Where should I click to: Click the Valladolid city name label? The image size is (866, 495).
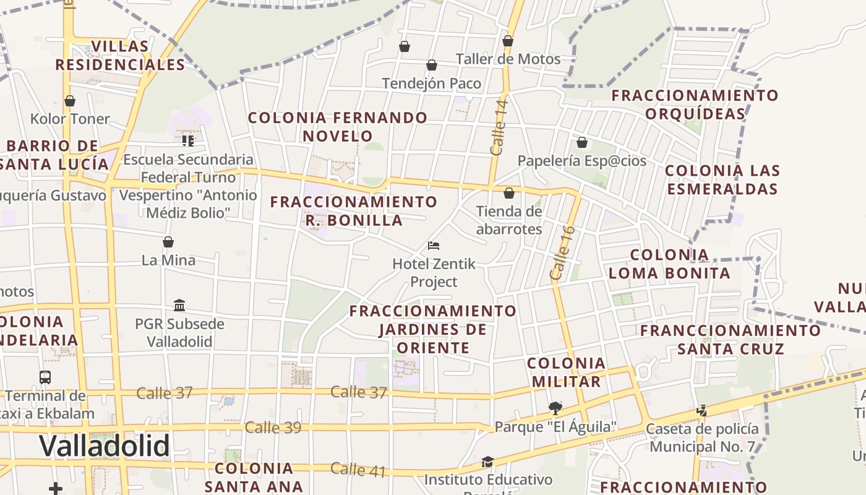pos(105,445)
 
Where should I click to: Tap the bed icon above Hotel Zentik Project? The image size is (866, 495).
pos(434,246)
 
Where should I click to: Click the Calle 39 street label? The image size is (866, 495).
pos(273,428)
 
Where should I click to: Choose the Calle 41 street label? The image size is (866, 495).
pos(358,470)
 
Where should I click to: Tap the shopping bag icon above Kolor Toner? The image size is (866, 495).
pos(70,101)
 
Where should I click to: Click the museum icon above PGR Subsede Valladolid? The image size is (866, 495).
pos(179,305)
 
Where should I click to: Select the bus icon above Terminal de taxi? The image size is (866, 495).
pos(45,377)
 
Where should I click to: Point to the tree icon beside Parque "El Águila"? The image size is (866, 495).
pos(555,408)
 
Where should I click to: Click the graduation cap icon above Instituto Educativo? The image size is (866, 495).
pos(487,462)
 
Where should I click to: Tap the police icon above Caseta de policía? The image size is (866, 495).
pos(701,410)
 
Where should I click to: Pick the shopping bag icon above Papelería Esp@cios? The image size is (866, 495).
pos(581,143)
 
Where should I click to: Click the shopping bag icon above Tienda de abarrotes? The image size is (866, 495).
pos(508,194)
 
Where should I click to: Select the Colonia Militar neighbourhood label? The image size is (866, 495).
pos(566,372)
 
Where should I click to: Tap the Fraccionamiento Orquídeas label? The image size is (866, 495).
pos(695,105)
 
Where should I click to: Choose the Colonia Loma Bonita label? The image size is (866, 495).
pos(669,264)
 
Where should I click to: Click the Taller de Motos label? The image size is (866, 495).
pos(508,59)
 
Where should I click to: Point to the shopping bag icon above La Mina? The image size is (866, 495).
pos(168,242)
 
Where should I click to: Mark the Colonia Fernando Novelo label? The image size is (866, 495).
pos(338,126)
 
